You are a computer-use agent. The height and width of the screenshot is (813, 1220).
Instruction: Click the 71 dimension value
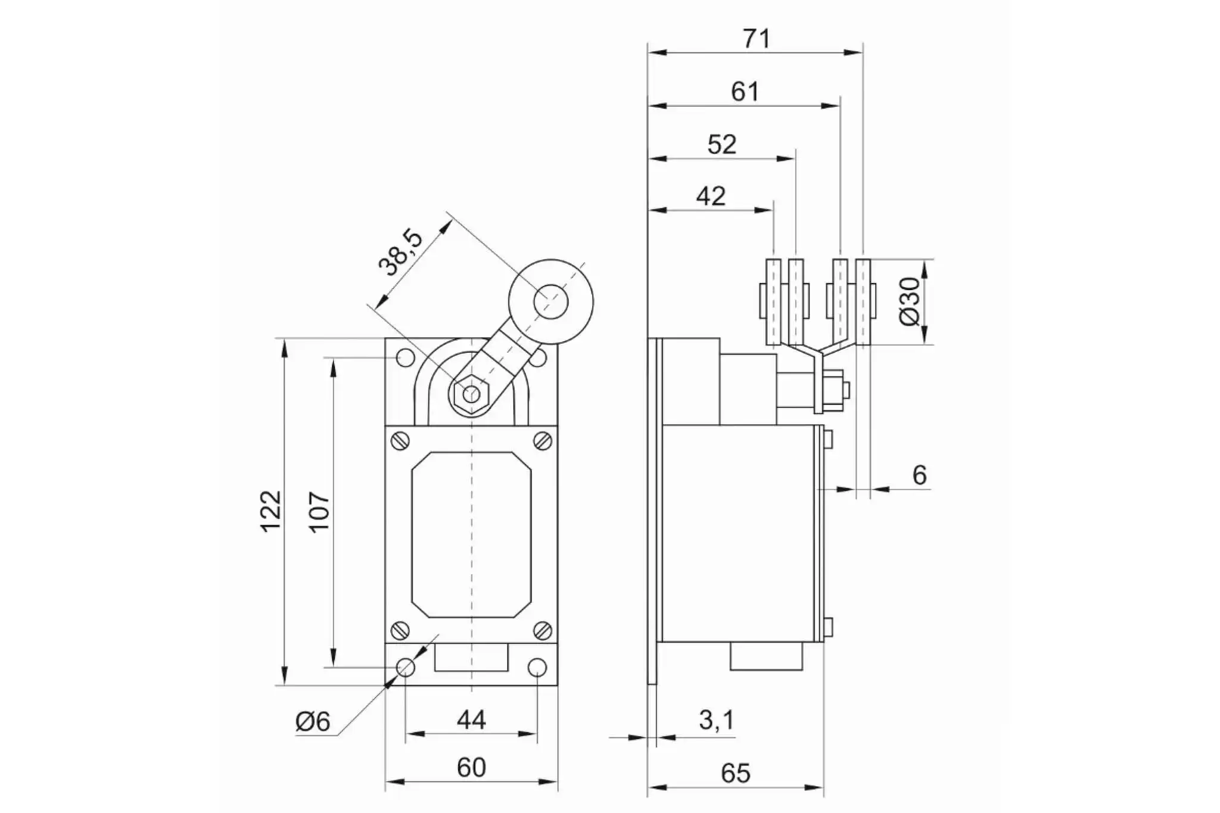pos(757,39)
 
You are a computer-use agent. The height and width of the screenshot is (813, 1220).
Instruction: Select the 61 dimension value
pos(745,92)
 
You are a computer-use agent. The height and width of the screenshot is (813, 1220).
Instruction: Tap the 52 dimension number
pos(722,144)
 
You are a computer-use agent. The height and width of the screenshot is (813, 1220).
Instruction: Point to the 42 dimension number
pos(711,196)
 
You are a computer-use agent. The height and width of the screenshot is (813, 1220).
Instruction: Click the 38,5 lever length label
pos(401,253)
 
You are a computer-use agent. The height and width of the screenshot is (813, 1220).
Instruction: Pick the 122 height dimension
pos(270,511)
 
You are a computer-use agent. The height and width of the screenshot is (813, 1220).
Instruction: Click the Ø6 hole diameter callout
pos(313,721)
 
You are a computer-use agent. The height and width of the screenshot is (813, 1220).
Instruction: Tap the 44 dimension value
pos(471,720)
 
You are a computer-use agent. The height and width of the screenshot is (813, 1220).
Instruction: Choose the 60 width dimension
pos(471,768)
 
